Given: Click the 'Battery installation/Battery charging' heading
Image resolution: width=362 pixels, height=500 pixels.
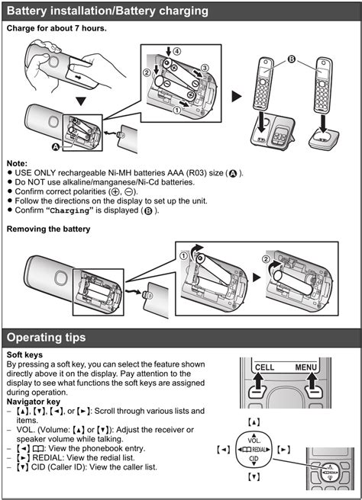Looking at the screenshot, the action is [x=108, y=11].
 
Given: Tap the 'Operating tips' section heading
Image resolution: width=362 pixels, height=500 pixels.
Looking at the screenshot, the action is [x=47, y=338].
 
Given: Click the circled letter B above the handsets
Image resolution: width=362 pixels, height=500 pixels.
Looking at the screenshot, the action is [x=292, y=59].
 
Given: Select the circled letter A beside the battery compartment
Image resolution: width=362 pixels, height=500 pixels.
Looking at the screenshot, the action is [x=57, y=146].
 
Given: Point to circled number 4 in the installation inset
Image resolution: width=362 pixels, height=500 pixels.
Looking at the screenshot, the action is [x=176, y=51].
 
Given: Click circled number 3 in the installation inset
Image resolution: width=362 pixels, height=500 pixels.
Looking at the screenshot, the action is [x=205, y=68].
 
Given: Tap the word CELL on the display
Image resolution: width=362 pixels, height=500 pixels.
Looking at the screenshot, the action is [x=264, y=367].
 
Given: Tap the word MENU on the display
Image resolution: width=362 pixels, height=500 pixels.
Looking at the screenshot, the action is [x=305, y=367].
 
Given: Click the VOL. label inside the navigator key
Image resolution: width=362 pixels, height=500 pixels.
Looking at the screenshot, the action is [x=254, y=441].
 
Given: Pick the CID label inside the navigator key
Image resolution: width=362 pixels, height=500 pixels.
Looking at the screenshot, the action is [x=254, y=459].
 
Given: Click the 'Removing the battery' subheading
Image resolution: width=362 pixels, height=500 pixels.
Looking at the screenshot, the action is [x=48, y=229].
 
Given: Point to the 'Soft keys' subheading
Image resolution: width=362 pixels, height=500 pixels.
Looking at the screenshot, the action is [x=24, y=355].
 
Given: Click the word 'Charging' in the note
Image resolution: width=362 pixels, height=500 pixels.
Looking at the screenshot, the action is [x=70, y=211].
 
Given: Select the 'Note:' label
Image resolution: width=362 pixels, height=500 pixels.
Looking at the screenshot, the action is [x=17, y=163].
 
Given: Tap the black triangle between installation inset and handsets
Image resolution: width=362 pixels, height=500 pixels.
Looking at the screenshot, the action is [x=237, y=96].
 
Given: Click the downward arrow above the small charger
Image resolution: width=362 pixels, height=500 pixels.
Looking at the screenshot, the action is [x=323, y=124].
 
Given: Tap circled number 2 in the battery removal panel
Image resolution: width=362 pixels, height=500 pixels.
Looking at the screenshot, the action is [x=266, y=259].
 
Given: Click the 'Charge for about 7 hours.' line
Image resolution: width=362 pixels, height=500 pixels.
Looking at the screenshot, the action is [x=57, y=28].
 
